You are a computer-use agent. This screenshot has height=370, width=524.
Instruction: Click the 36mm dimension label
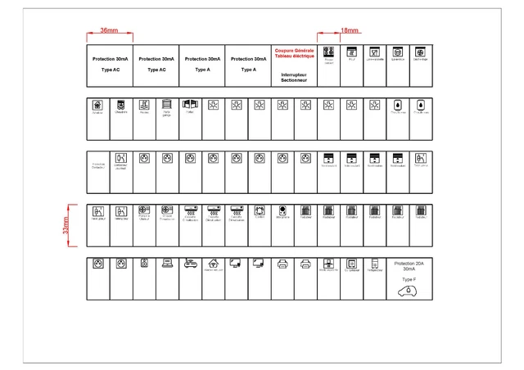click(109, 30)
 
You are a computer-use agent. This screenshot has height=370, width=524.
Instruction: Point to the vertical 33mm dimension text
click(66, 225)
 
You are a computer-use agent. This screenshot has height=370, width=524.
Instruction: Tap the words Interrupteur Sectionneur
click(294, 77)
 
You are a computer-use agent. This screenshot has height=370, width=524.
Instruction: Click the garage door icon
click(167, 104)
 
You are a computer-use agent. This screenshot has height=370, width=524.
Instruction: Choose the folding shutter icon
click(190, 104)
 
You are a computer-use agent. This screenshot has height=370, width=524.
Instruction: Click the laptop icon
click(167, 263)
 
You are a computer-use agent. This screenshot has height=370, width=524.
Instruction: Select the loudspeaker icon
click(144, 263)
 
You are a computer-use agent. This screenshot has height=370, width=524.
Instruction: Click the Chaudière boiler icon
click(121, 104)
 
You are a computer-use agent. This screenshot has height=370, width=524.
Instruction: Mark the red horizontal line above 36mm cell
click(109, 36)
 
